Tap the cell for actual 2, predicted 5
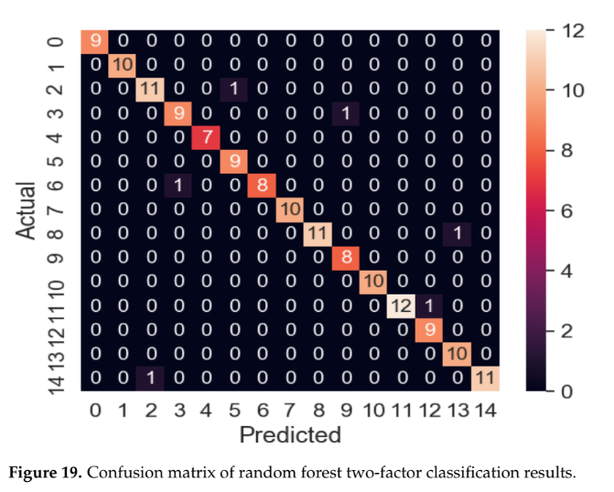pos(233,90)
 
